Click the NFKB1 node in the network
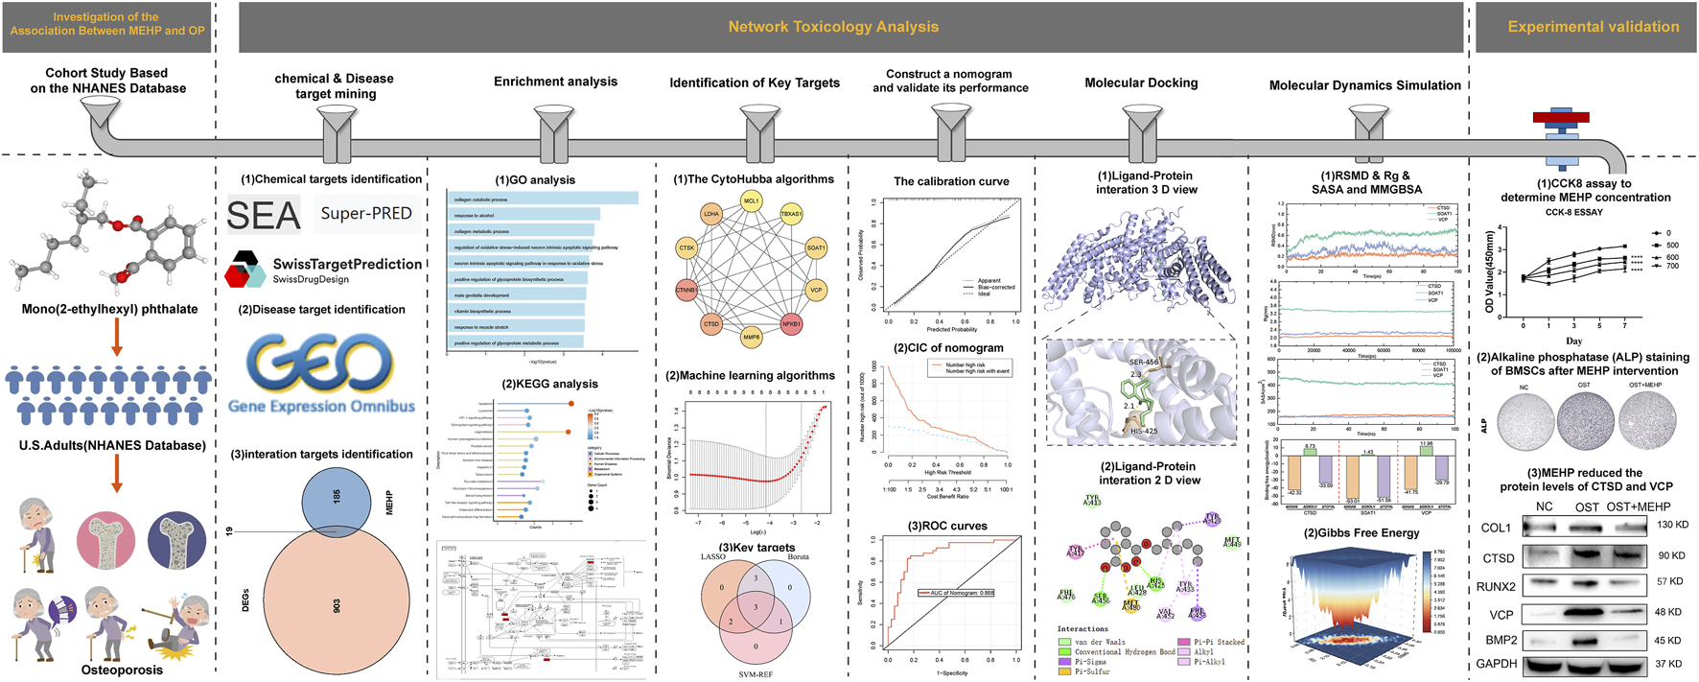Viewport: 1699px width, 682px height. [x=791, y=324]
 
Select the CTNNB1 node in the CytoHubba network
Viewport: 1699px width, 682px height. [x=687, y=290]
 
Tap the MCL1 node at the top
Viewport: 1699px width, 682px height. [x=751, y=201]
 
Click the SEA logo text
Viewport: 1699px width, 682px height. [x=263, y=216]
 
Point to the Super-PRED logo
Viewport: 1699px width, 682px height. [x=366, y=213]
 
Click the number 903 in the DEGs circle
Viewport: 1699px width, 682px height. [x=337, y=606]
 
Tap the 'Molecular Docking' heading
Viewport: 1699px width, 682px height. [x=1141, y=83]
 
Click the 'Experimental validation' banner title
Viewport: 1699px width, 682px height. [x=1593, y=27]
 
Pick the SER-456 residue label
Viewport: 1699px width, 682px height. [x=1144, y=363]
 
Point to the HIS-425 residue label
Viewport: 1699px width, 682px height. [x=1143, y=432]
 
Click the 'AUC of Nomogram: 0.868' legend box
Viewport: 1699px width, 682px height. [x=956, y=593]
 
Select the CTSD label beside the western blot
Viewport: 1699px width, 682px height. [x=1499, y=558]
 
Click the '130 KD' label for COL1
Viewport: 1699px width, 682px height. [x=1672, y=525]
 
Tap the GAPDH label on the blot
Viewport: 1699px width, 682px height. [x=1496, y=664]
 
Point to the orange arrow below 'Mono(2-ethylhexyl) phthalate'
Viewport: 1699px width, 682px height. [x=117, y=337]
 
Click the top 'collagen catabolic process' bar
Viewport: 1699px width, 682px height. [x=543, y=199]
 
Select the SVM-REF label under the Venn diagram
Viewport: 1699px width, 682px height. [x=756, y=674]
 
